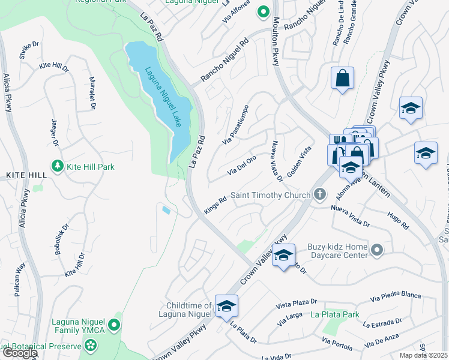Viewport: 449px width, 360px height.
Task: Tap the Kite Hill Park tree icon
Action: coord(58,166)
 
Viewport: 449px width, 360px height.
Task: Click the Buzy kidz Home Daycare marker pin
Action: coord(376,250)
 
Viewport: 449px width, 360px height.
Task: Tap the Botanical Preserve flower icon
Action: coord(91,346)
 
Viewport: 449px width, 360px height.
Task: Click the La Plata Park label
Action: coord(334,314)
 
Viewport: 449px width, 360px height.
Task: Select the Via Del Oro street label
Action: coord(242,166)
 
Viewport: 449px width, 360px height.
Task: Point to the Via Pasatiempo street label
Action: coord(236,125)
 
